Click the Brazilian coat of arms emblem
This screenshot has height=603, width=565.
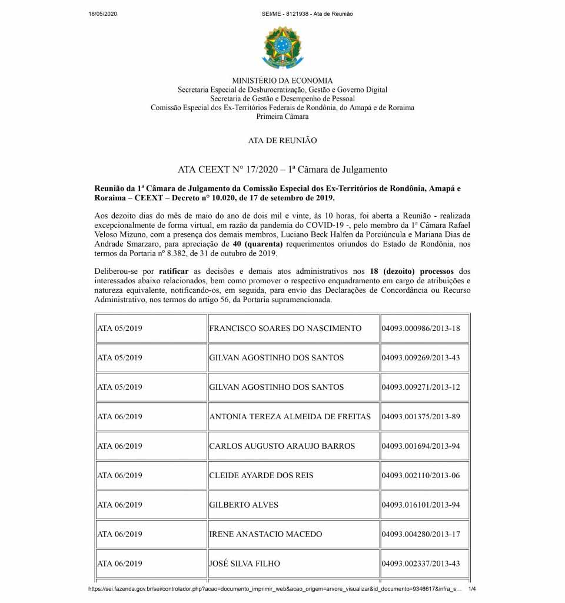tap(282, 47)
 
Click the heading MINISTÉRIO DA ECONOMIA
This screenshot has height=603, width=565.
tap(282, 81)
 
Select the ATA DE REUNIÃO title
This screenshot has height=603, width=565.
tap(282, 141)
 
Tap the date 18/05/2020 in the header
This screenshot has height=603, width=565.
tap(103, 14)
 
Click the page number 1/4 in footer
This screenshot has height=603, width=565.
tap(472, 589)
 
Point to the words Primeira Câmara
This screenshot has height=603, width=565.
tap(282, 117)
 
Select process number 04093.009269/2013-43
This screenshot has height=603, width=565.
tap(421, 357)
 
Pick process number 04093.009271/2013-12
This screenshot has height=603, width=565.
tap(421, 387)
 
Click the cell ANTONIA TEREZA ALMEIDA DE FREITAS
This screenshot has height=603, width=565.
tap(290, 416)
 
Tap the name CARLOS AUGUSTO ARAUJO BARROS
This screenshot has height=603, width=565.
tap(282, 446)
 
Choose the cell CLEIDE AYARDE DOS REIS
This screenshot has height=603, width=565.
tap(261, 475)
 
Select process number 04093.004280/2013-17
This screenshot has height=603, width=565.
tap(421, 534)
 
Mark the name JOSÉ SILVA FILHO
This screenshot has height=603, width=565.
tap(244, 564)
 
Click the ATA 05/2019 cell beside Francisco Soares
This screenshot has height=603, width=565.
tap(119, 328)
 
